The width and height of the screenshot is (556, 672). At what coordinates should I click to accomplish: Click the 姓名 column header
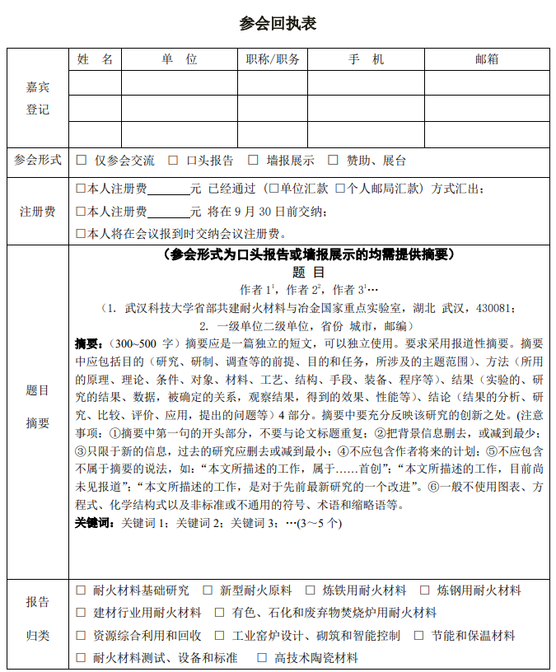click(x=96, y=59)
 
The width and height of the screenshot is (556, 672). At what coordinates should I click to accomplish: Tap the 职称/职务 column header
click(x=273, y=59)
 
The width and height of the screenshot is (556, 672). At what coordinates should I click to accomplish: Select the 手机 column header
click(x=366, y=59)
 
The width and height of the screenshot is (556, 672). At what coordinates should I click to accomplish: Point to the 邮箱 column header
click(x=487, y=59)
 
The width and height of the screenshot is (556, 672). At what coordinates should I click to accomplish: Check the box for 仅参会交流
click(x=81, y=161)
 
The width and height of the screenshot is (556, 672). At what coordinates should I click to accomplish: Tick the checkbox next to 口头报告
click(x=174, y=161)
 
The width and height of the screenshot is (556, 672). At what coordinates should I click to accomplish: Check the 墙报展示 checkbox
click(x=253, y=161)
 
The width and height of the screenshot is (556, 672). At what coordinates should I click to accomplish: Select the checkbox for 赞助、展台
click(x=334, y=161)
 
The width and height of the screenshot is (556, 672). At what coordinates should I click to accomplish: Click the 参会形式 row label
click(x=38, y=161)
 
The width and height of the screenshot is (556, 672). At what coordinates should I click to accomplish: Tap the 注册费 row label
click(x=38, y=212)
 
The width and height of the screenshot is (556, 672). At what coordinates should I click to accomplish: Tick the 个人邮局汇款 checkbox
click(x=340, y=189)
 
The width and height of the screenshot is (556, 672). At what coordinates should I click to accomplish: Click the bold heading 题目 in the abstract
click(x=308, y=273)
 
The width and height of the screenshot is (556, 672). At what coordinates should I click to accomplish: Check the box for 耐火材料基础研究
click(x=81, y=590)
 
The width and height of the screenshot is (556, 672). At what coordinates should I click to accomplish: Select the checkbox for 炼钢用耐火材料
click(x=425, y=590)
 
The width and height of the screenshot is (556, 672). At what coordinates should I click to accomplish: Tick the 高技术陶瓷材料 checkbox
click(x=262, y=658)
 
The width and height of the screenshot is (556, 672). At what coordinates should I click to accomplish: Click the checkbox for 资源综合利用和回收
click(x=81, y=636)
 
